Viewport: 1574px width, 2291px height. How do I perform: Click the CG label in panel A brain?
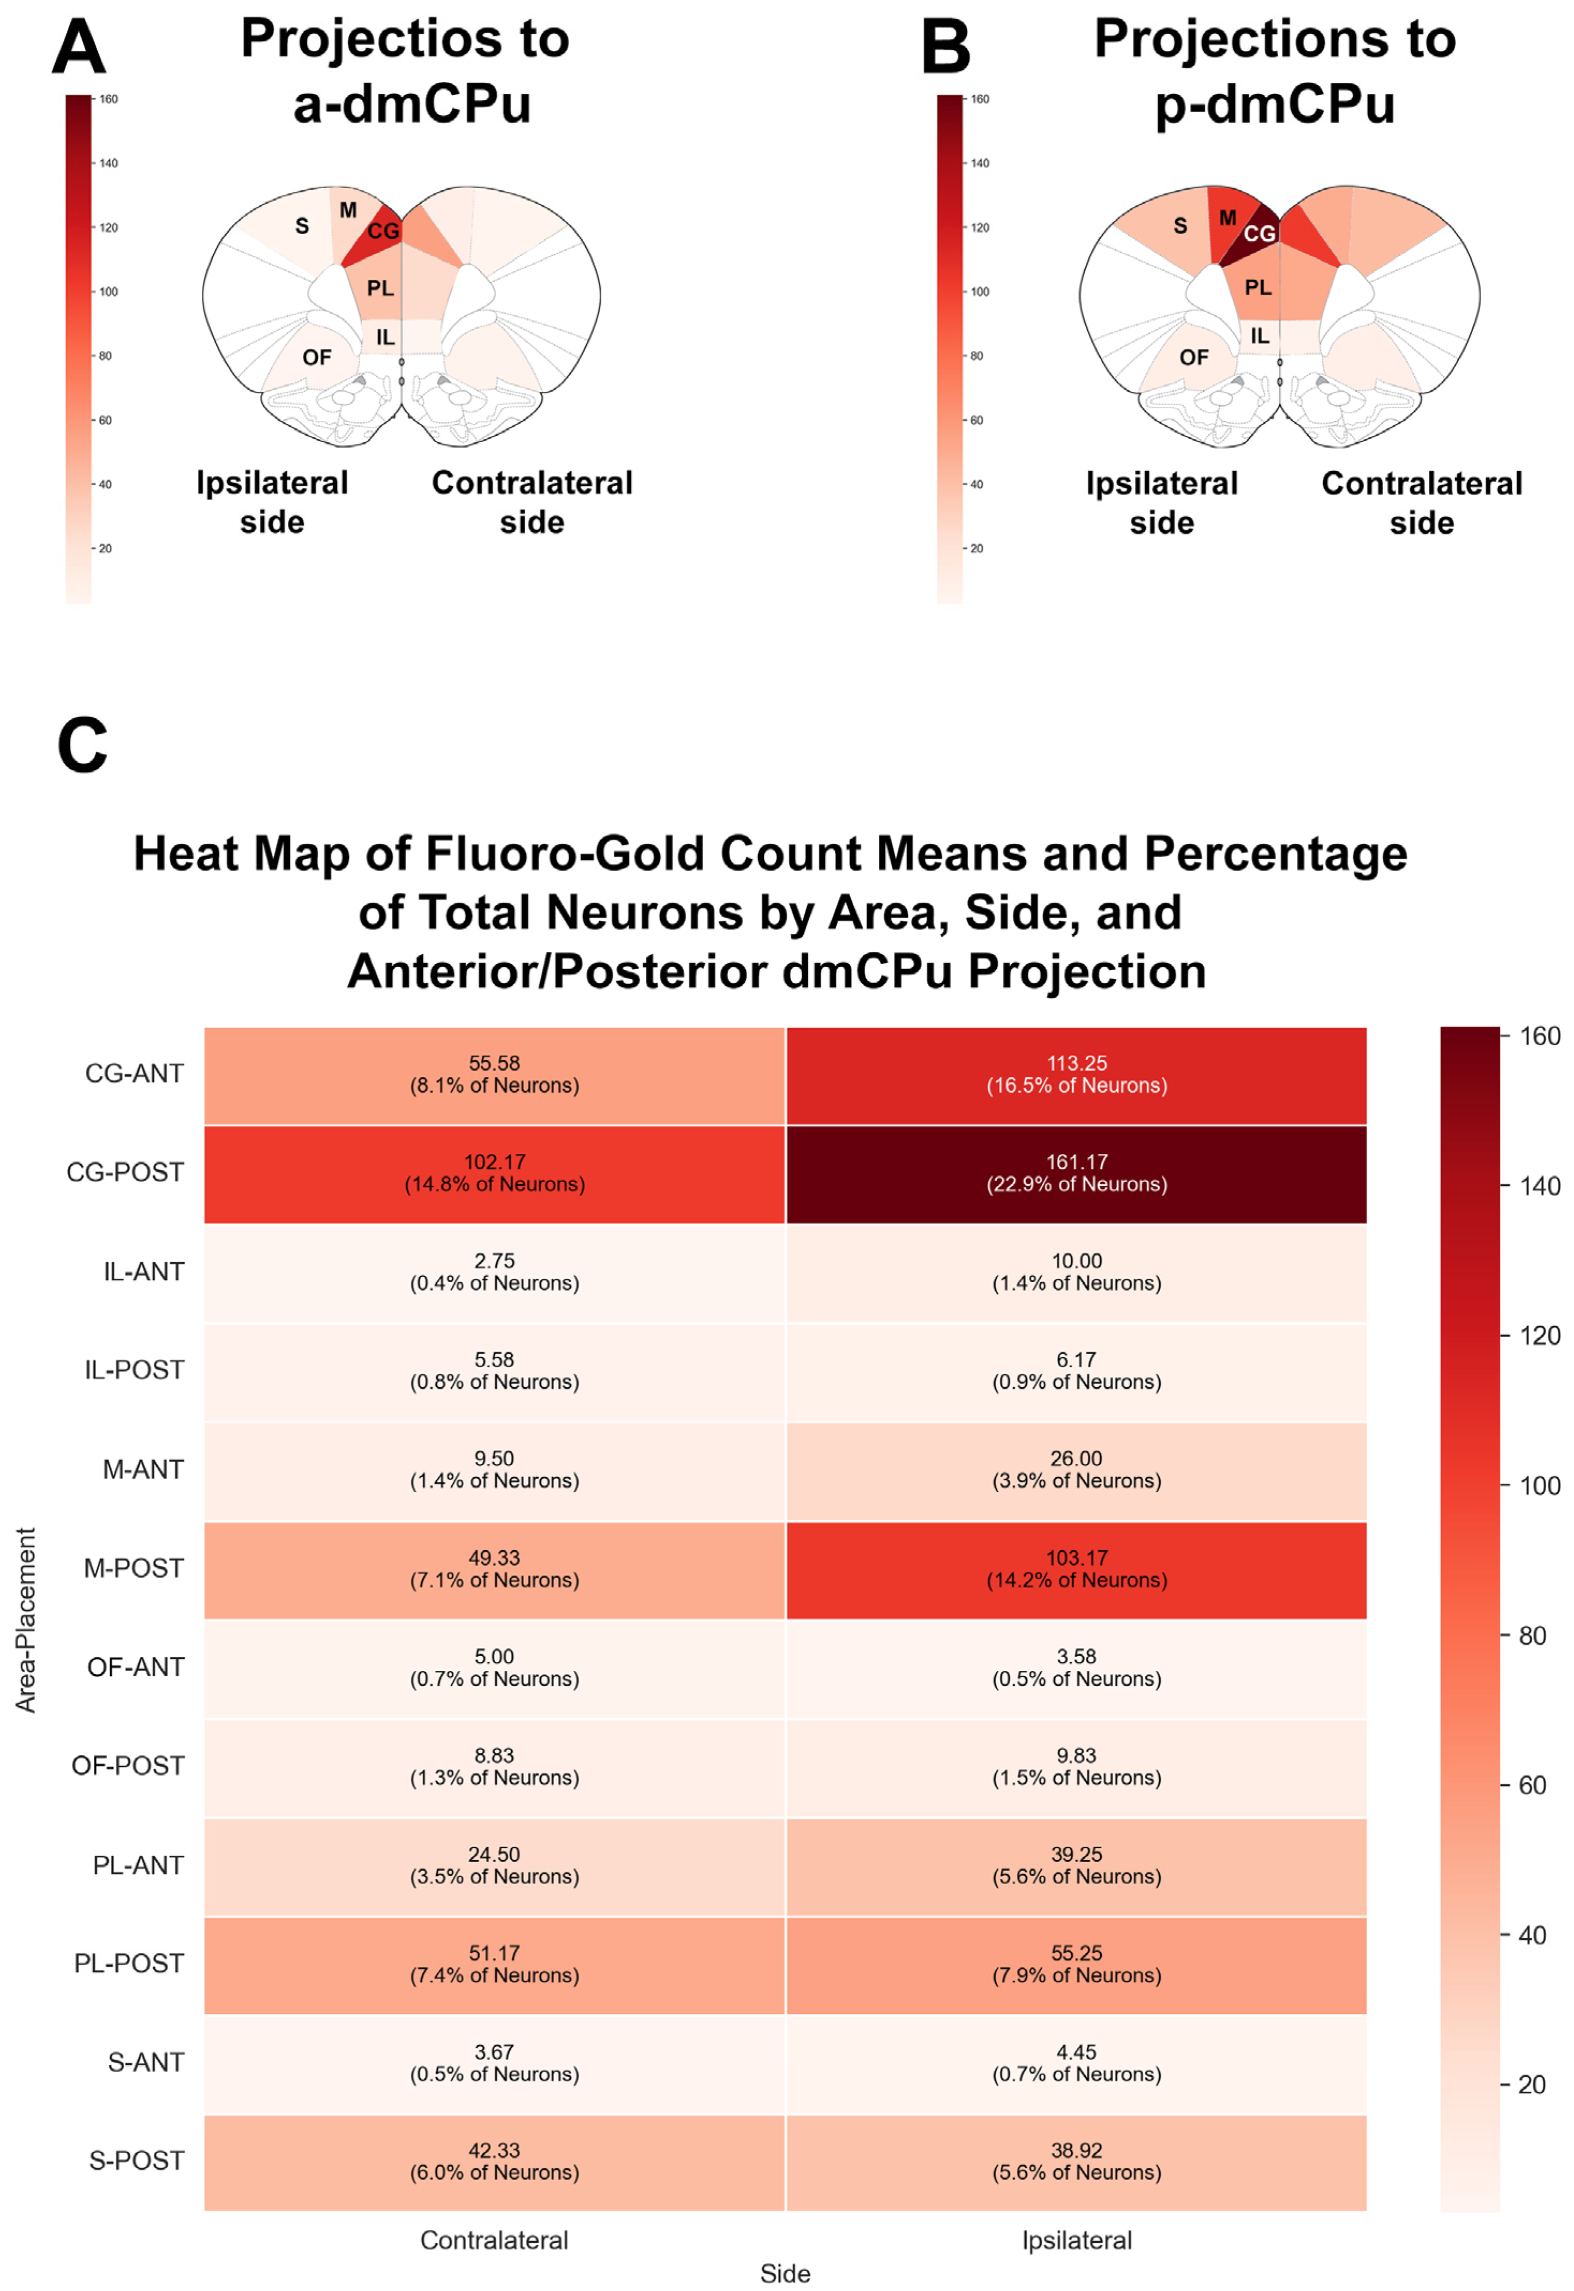384,231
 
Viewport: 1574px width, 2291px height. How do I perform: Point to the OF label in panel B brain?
1193,357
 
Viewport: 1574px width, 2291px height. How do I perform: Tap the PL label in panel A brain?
379,288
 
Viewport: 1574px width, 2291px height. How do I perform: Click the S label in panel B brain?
1180,226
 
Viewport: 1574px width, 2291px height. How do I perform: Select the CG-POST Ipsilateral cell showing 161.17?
1076,1173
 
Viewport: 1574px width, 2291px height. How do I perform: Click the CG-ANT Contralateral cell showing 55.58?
494,1075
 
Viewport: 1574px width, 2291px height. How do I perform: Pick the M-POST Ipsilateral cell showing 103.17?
1076,1569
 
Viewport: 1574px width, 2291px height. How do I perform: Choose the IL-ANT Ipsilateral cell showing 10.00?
1076,1272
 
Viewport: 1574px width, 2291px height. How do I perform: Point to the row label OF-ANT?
136,1667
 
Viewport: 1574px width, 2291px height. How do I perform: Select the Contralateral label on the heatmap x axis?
494,2240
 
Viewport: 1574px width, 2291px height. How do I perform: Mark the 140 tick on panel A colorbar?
108,163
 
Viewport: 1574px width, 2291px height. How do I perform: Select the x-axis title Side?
785,2273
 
